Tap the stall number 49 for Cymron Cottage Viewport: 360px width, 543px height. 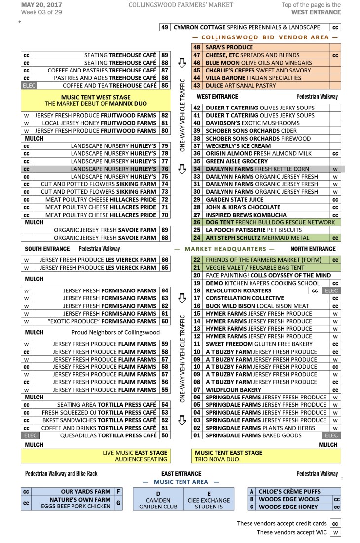[165, 27]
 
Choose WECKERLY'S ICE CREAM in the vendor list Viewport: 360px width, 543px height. [231, 146]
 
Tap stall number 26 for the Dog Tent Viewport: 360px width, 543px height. [197, 222]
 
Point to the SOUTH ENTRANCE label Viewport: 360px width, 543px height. [47, 249]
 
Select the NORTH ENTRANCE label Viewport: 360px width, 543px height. [313, 249]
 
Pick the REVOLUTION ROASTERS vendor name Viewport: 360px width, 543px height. [232, 290]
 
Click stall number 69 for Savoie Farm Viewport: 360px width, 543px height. [165, 230]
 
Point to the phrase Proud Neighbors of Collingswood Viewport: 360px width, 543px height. [115, 332]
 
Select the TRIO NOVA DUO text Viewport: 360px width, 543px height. [216, 459]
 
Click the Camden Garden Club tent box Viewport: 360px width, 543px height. [158, 500]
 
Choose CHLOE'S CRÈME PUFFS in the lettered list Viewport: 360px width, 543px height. [289, 492]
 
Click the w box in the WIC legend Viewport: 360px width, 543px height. [335, 532]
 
